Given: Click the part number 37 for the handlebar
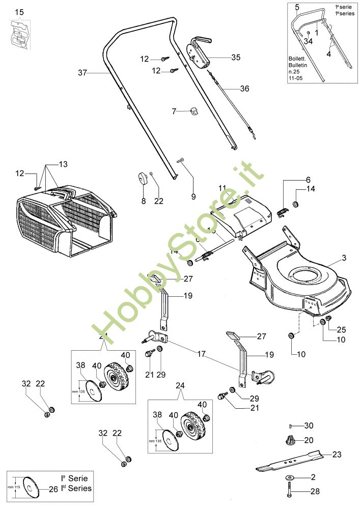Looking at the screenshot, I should click(x=83, y=73).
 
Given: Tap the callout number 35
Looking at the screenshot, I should click(x=235, y=58).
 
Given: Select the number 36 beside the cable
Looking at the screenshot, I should click(x=244, y=89).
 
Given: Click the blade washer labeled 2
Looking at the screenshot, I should click(x=290, y=477).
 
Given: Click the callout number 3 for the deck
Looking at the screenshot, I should click(x=344, y=258).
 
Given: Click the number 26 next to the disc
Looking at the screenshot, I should click(x=52, y=490).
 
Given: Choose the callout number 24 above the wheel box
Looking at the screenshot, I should click(x=179, y=385).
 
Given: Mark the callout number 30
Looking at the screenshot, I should click(x=309, y=426).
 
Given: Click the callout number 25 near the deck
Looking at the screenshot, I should click(x=341, y=329).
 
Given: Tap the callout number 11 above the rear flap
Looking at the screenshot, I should click(x=222, y=188).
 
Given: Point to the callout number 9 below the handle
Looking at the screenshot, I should click(x=193, y=182).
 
